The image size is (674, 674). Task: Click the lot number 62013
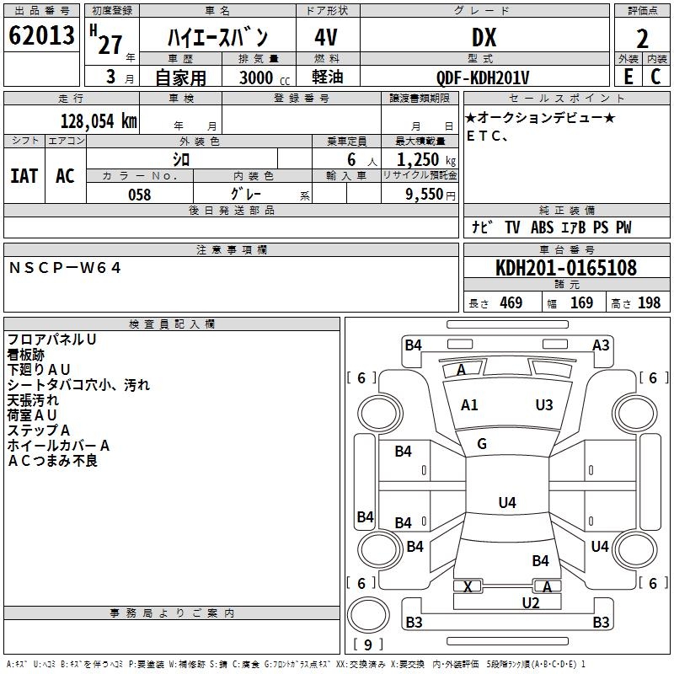coord(40,36)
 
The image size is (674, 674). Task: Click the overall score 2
coord(642,38)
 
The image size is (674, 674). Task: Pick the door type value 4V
coord(327,38)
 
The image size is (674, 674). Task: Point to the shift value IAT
coord(24,176)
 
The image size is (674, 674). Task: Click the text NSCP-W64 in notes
coord(66,268)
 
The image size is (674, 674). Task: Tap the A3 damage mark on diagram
coord(601,345)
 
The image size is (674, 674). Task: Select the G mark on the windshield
coord(482,444)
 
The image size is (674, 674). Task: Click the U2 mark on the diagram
coord(531,602)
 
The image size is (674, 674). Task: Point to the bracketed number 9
coord(366,645)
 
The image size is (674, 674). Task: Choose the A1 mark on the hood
coord(469,405)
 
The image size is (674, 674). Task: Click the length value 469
coord(511,303)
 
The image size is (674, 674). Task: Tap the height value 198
coord(650,303)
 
